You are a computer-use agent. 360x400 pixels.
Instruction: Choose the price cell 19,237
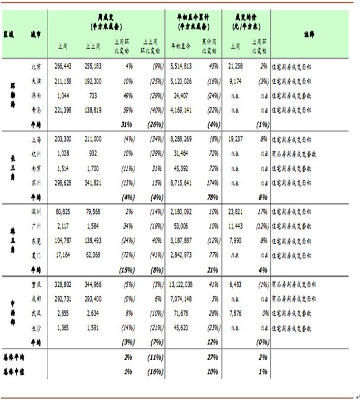(x=234, y=138)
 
